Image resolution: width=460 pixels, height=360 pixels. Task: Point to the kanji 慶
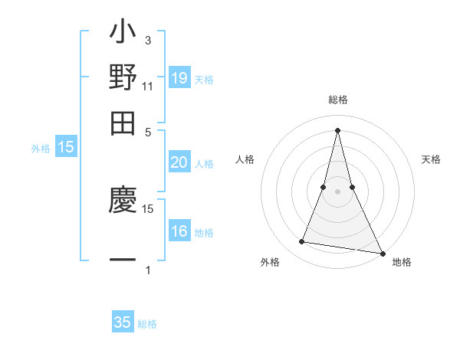123,201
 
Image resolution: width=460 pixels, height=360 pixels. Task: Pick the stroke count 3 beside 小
147,40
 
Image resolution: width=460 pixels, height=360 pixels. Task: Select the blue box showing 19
179,77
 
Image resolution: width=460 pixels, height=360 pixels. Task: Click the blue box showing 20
179,162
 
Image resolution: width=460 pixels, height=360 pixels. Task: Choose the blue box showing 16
179,231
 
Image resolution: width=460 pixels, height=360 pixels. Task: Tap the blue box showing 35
123,322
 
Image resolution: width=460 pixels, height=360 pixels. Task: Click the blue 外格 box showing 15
66,148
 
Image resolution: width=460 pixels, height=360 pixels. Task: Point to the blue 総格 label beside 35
147,324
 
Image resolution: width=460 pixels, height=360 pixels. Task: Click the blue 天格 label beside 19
204,79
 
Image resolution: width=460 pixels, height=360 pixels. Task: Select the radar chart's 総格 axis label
337,100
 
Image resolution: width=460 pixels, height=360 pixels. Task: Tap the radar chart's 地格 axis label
402,262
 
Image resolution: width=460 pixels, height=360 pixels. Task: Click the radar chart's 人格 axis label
245,159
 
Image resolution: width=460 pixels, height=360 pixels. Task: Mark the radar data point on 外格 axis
301,242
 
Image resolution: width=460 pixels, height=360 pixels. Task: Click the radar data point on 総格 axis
337,129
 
